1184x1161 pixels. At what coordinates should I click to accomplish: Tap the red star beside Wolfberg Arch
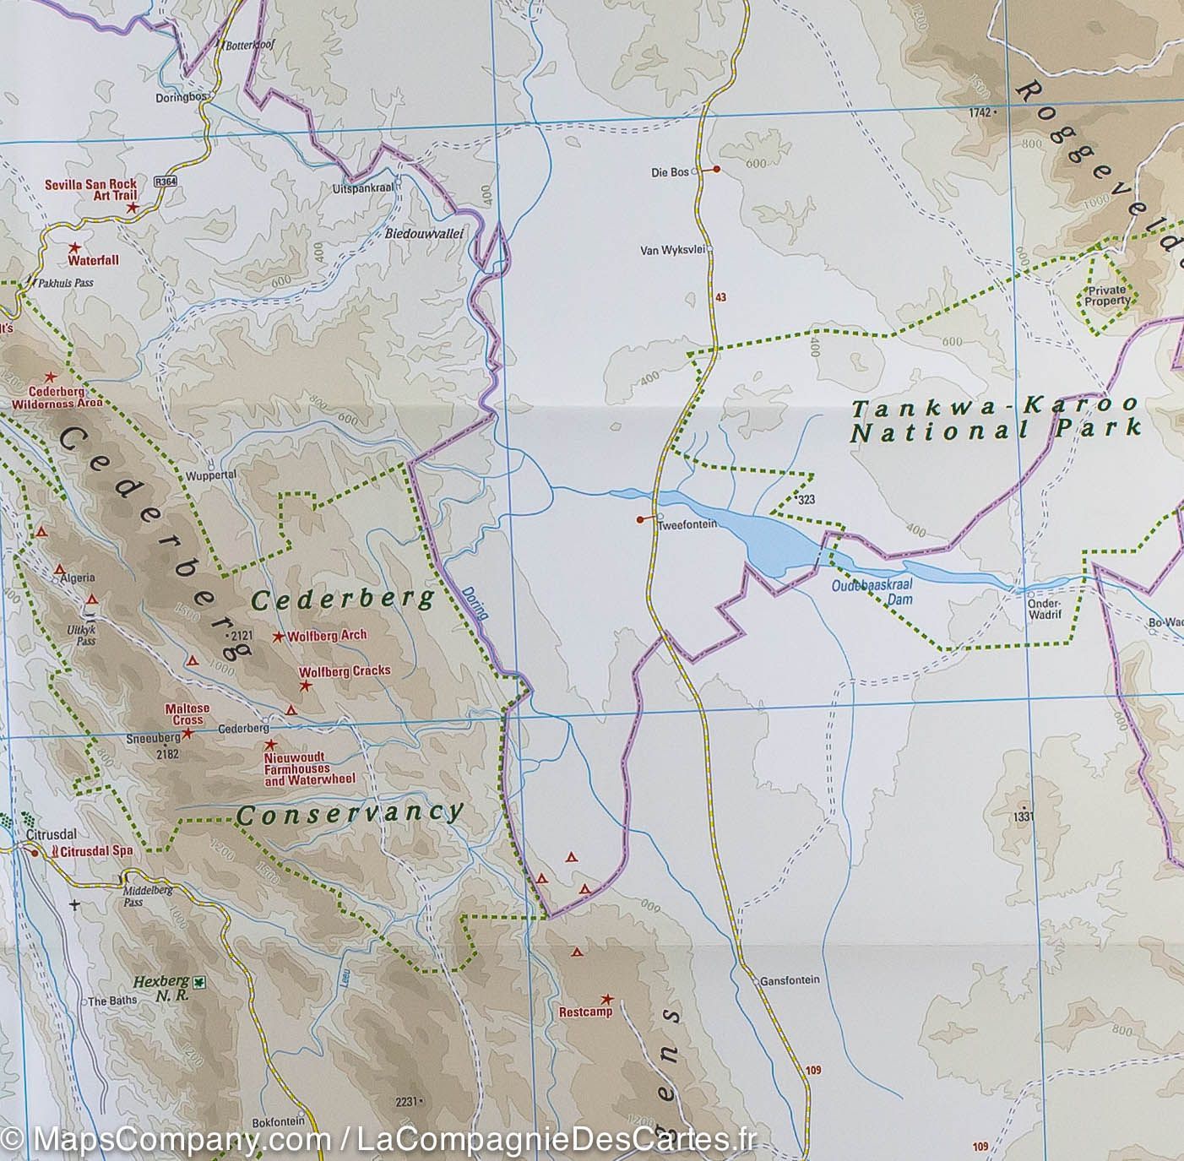(278, 636)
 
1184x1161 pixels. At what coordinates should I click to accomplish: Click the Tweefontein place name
(687, 524)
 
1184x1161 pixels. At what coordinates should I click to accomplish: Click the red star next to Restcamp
(606, 998)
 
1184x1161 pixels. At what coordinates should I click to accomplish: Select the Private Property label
(1107, 295)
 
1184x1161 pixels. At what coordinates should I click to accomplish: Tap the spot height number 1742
(978, 111)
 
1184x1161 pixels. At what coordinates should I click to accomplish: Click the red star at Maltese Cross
(188, 733)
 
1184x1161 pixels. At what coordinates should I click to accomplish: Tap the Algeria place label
(77, 578)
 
